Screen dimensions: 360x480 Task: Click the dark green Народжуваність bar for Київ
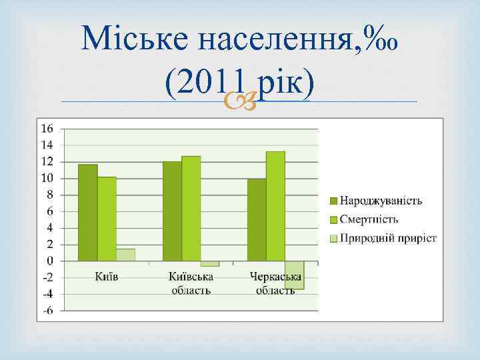(87, 212)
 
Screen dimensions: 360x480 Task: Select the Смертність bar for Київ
(107, 219)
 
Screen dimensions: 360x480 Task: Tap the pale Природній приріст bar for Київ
(125, 255)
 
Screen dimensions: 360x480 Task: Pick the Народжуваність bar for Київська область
(172, 211)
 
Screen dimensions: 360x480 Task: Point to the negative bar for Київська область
(209, 264)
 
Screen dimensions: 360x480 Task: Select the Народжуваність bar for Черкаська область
(257, 219)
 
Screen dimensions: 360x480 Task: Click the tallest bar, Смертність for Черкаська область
(275, 206)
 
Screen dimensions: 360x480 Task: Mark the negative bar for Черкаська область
(294, 275)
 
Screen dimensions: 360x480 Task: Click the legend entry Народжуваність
(381, 201)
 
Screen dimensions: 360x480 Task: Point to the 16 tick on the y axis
(48, 129)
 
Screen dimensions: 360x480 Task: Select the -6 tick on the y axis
(49, 311)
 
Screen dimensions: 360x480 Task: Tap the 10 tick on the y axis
(48, 178)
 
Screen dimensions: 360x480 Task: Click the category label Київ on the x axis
(106, 277)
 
